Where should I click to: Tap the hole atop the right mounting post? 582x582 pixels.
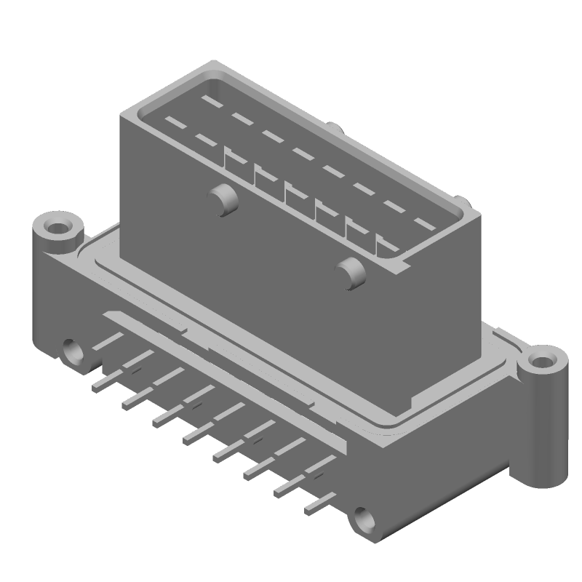pos(541,361)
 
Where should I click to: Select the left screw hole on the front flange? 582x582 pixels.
pos(73,351)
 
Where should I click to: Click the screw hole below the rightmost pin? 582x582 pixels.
pos(364,519)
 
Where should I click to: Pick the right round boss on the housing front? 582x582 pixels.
pos(353,273)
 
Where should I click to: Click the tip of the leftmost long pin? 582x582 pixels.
pos(95,388)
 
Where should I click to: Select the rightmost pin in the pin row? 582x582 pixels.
pos(320,502)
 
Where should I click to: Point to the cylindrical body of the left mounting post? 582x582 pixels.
pos(45,291)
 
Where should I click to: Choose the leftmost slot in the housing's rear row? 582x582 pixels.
pos(212,97)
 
